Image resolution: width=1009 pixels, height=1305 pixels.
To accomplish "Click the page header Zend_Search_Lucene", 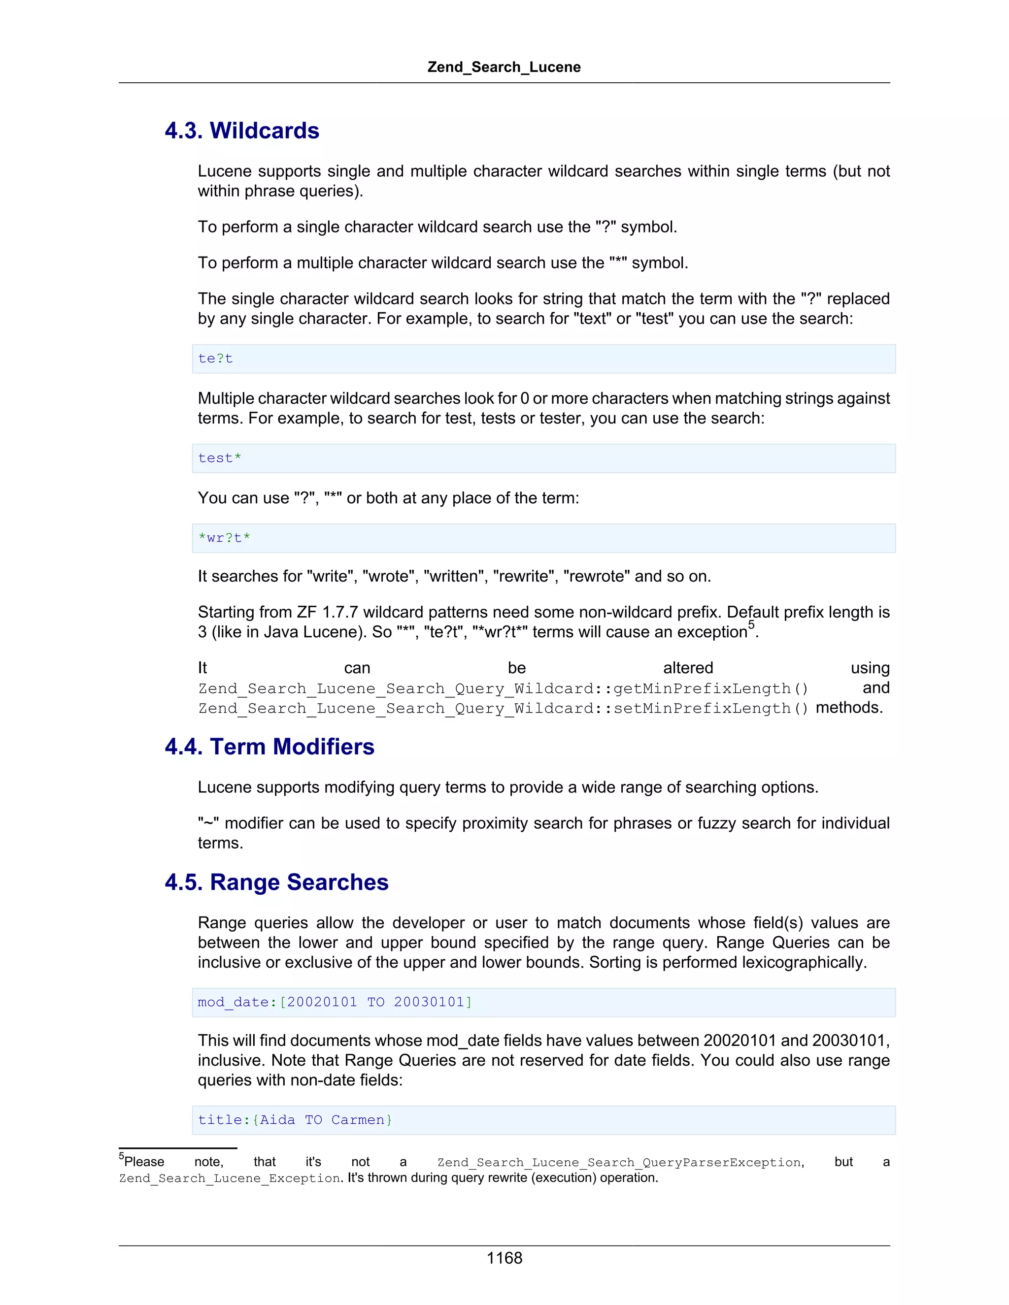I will [504, 67].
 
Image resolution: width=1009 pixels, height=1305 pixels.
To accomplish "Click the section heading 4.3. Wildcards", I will [241, 131].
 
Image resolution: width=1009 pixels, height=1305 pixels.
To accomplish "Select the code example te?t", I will [215, 359].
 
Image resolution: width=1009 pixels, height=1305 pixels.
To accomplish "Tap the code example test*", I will [219, 458].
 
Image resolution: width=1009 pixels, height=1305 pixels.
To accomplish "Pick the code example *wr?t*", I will [224, 538].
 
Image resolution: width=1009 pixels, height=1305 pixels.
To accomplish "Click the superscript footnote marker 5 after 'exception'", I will [751, 625].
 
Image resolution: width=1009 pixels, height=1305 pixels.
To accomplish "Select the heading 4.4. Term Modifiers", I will [269, 747].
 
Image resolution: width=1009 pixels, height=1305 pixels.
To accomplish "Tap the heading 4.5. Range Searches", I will [276, 882].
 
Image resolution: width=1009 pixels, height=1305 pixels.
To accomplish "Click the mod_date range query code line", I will [335, 1002].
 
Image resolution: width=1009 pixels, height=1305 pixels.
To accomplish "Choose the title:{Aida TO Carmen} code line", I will [295, 1120].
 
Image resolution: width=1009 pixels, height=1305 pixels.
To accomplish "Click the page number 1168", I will [504, 1258].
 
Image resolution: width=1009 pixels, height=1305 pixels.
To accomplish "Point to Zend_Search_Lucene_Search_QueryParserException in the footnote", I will [620, 1162].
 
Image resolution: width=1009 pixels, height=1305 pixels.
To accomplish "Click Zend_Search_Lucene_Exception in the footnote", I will [230, 1178].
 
